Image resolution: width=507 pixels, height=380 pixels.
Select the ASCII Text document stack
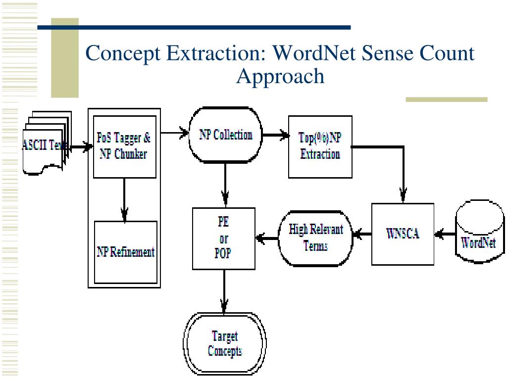coord(47,143)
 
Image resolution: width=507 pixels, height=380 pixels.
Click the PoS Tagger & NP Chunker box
coord(124,146)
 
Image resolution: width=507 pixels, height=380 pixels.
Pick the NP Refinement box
coord(125,252)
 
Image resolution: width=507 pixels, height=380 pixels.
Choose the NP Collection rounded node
coord(225,135)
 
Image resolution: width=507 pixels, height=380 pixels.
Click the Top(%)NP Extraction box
coord(320,146)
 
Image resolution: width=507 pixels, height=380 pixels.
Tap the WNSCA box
coord(403,234)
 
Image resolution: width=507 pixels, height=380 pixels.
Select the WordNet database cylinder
coord(479,232)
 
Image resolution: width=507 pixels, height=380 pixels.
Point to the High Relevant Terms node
coord(315,238)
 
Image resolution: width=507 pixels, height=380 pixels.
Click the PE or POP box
coord(224,238)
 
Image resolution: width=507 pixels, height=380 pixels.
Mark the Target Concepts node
coord(225,344)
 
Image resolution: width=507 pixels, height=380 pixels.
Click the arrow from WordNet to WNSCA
coord(445,234)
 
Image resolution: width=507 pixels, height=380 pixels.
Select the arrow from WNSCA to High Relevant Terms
coord(362,234)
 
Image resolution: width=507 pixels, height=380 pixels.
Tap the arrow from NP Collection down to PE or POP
coord(225,185)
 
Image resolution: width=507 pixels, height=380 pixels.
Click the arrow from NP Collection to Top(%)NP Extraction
coord(275,135)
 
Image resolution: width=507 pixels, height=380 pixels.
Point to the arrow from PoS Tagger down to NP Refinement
coord(124,200)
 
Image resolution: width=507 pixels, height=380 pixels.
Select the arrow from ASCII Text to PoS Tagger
coord(81,147)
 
